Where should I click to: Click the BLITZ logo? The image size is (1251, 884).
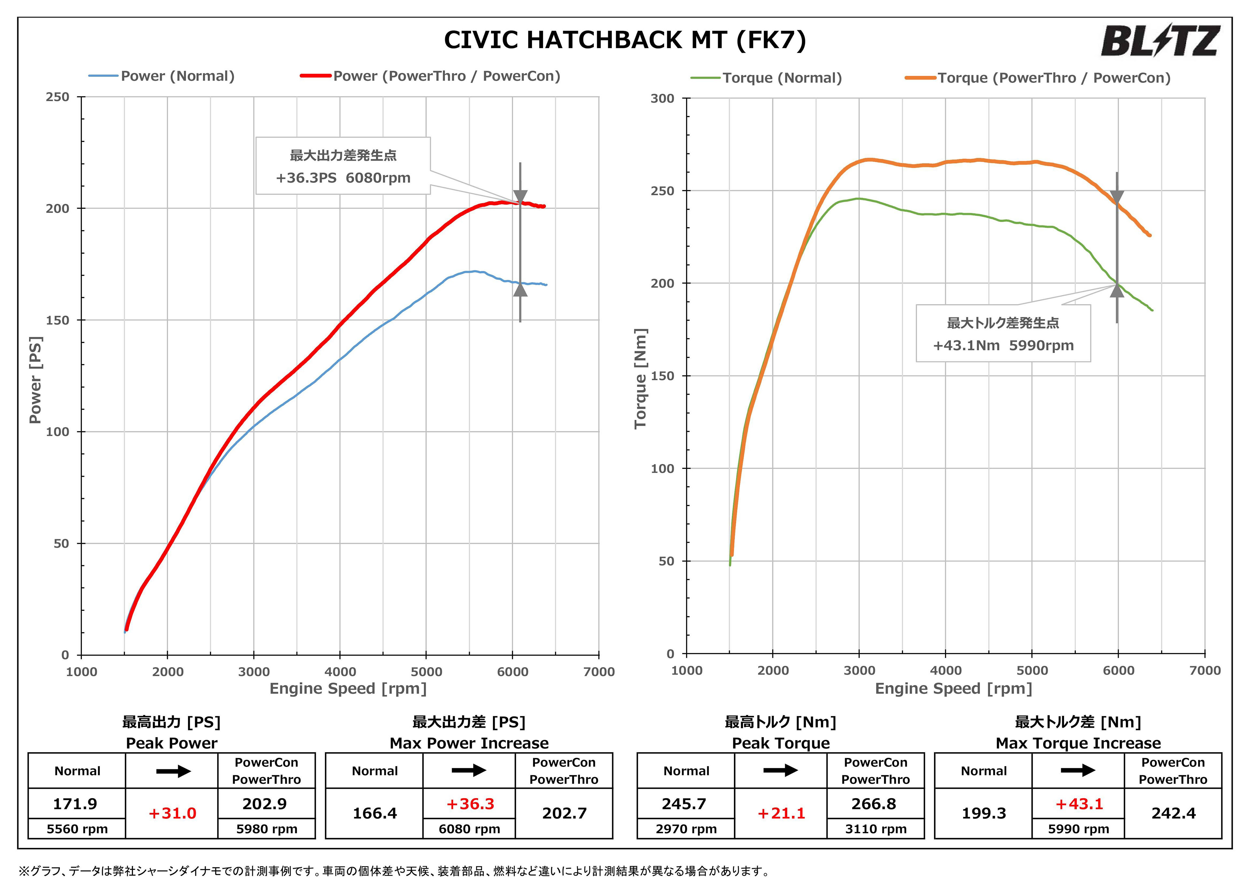[1159, 41]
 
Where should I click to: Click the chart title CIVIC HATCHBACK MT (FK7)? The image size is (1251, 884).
[625, 40]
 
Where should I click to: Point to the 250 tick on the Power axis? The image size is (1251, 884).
[58, 97]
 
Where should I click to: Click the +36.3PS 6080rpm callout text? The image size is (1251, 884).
[343, 178]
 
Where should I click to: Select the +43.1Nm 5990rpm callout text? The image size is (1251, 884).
[1003, 345]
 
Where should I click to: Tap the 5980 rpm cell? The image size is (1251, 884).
[266, 829]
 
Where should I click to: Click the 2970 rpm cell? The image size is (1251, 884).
[686, 829]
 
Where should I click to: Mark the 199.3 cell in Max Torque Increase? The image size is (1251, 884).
[984, 813]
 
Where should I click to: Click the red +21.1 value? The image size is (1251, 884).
[781, 813]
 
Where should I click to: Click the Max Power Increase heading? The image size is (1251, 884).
[469, 743]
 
